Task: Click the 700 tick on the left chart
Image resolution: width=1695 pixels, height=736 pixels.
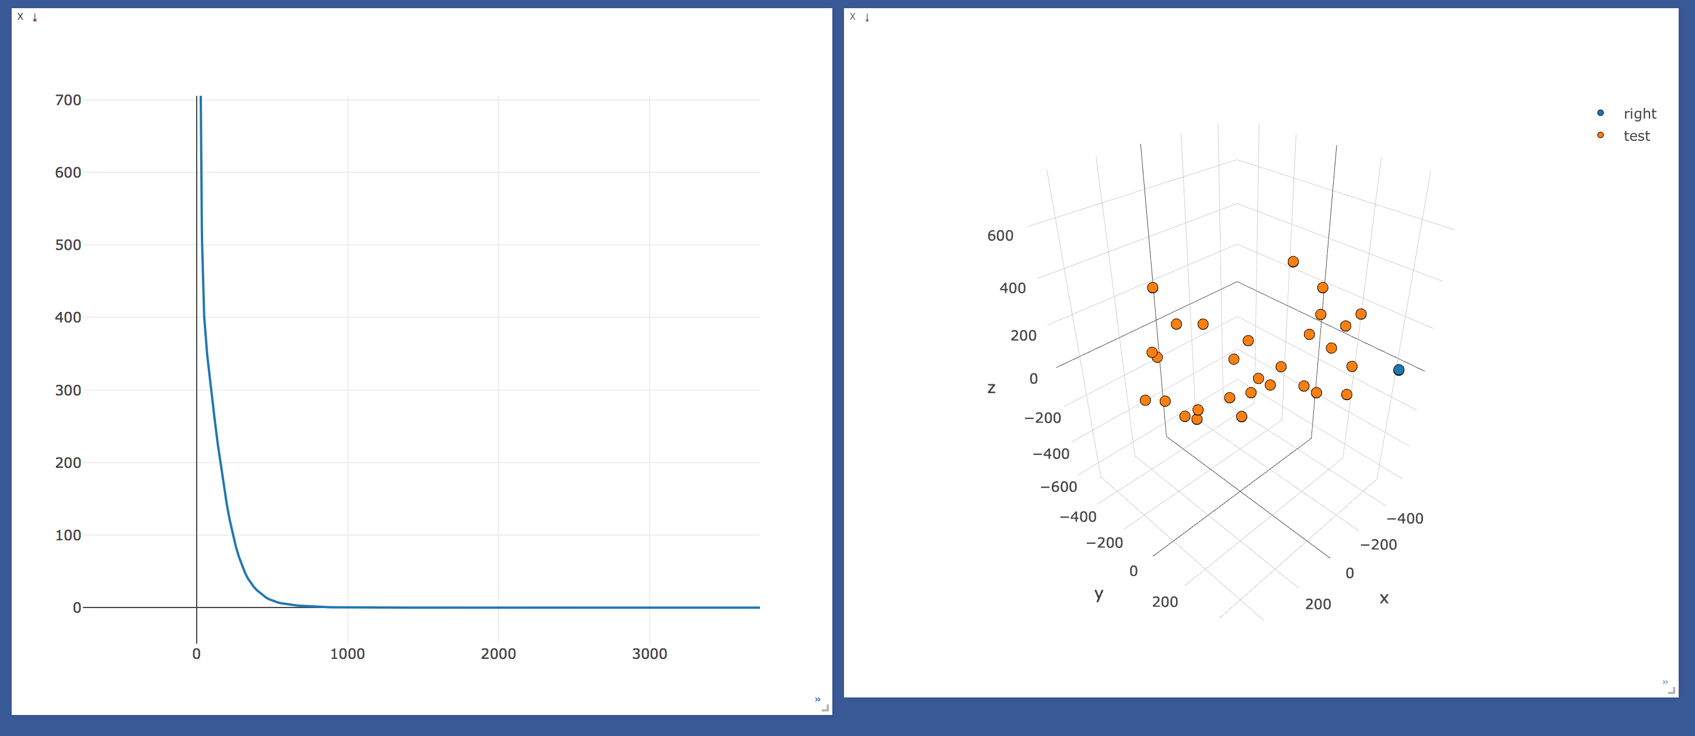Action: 68,100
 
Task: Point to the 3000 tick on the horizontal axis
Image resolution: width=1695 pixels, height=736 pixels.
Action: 650,654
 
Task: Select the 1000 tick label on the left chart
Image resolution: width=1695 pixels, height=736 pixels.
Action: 347,654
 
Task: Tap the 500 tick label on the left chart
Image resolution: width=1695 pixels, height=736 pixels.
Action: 68,245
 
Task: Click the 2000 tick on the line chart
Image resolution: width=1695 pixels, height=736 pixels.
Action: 498,654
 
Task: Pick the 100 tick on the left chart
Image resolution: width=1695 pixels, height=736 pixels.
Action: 68,535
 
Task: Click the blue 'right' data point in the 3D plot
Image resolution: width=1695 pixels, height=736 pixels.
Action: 1398,370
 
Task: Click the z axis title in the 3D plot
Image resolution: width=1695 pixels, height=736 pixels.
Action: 991,388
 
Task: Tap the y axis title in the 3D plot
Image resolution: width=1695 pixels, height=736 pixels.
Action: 1099,595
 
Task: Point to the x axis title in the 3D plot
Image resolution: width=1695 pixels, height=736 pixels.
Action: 1384,598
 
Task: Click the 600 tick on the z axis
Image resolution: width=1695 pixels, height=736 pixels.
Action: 1000,235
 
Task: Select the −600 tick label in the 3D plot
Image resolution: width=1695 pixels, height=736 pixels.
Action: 1059,487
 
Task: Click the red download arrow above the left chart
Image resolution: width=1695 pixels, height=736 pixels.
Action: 35,18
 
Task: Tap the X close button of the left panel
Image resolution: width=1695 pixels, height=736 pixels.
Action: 20,16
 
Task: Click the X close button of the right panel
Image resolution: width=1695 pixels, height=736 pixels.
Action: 853,16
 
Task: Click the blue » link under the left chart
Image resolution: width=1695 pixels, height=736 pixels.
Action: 817,699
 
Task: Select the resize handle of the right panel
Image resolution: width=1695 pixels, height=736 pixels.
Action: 1671,690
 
